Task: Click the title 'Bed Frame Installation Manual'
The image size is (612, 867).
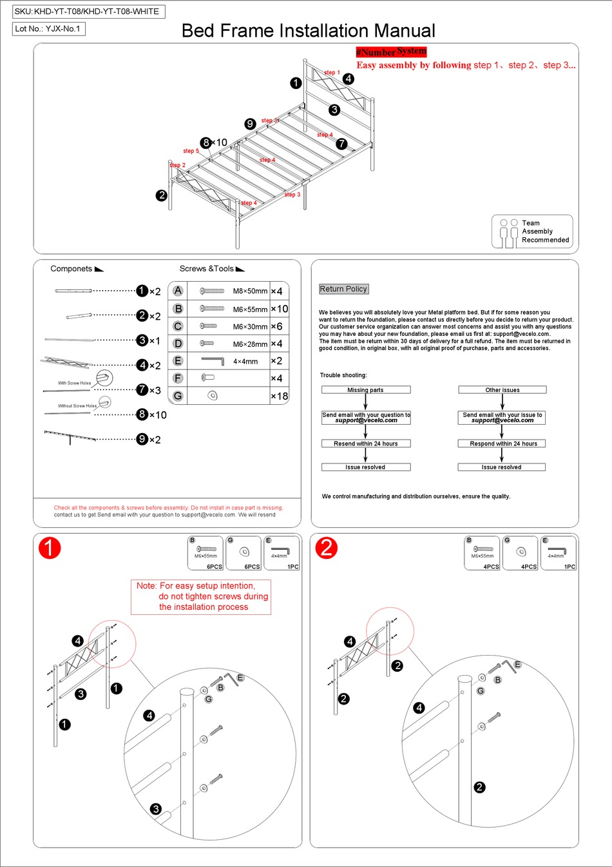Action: click(308, 31)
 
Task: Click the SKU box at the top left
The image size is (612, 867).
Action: click(88, 12)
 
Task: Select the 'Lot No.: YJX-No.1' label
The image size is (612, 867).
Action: click(48, 29)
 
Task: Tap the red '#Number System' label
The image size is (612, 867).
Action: click(391, 52)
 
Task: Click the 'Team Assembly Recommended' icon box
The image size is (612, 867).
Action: click(532, 232)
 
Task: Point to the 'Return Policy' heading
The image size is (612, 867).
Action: click(343, 289)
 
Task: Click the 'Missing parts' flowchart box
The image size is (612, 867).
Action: click(365, 390)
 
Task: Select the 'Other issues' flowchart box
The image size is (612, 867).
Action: click(502, 390)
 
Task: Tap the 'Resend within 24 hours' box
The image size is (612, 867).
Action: click(365, 443)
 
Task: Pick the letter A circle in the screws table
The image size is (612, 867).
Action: click(178, 291)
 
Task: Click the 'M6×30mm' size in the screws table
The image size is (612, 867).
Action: click(250, 327)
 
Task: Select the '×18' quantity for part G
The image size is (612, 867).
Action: click(279, 396)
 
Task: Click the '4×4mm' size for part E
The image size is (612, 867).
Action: click(245, 362)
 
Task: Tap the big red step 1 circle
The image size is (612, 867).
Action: click(50, 548)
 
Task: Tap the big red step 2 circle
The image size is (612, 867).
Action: click(327, 548)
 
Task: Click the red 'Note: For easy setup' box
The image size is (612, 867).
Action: click(202, 596)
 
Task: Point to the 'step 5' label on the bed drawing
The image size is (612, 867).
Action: click(191, 151)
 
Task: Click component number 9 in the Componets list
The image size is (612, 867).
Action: click(142, 440)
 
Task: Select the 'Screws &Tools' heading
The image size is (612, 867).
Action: click(207, 269)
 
